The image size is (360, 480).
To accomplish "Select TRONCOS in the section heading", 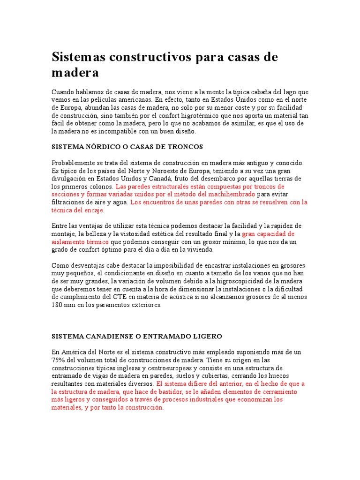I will pos(186,147).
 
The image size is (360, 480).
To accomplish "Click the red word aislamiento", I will pos(67,241).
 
